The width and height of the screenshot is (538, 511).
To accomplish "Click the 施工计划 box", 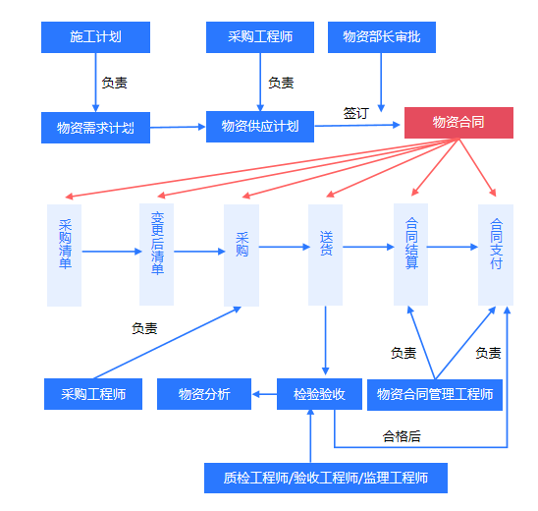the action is coord(95,37).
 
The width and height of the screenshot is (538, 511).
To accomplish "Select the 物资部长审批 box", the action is coord(382,37).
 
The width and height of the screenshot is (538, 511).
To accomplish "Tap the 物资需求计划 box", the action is coord(95,128).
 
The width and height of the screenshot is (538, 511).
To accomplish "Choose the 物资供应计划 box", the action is coord(260,127).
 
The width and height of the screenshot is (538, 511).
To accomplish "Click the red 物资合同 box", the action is coord(458,123).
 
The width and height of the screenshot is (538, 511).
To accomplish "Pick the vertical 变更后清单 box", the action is coord(156,255).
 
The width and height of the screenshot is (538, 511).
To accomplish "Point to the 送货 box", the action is coord(325,255).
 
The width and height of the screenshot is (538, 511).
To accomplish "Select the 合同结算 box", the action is coord(410,255).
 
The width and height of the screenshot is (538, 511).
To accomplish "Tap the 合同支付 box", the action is coord(496,255).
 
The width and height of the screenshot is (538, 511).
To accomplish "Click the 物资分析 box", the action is coord(204,394).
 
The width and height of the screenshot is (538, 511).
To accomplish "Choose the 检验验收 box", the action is coord(319,394).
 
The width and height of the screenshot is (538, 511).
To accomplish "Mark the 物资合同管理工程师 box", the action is coord(435,395).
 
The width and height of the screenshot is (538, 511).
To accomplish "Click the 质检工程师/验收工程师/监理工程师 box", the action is coord(326,478).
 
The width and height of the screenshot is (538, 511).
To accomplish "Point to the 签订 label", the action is coord(356,113).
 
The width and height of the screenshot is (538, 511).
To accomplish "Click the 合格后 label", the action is coord(402,436).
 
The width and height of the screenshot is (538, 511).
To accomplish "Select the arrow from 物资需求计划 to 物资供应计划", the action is coord(178,127).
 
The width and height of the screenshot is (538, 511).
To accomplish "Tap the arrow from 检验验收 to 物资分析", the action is coord(264,394).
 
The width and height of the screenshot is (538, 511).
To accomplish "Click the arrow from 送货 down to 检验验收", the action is coord(326,340).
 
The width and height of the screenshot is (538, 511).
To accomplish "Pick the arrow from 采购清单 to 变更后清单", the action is coord(112,252).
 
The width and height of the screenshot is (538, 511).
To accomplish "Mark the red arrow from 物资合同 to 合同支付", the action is coord(477,168).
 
